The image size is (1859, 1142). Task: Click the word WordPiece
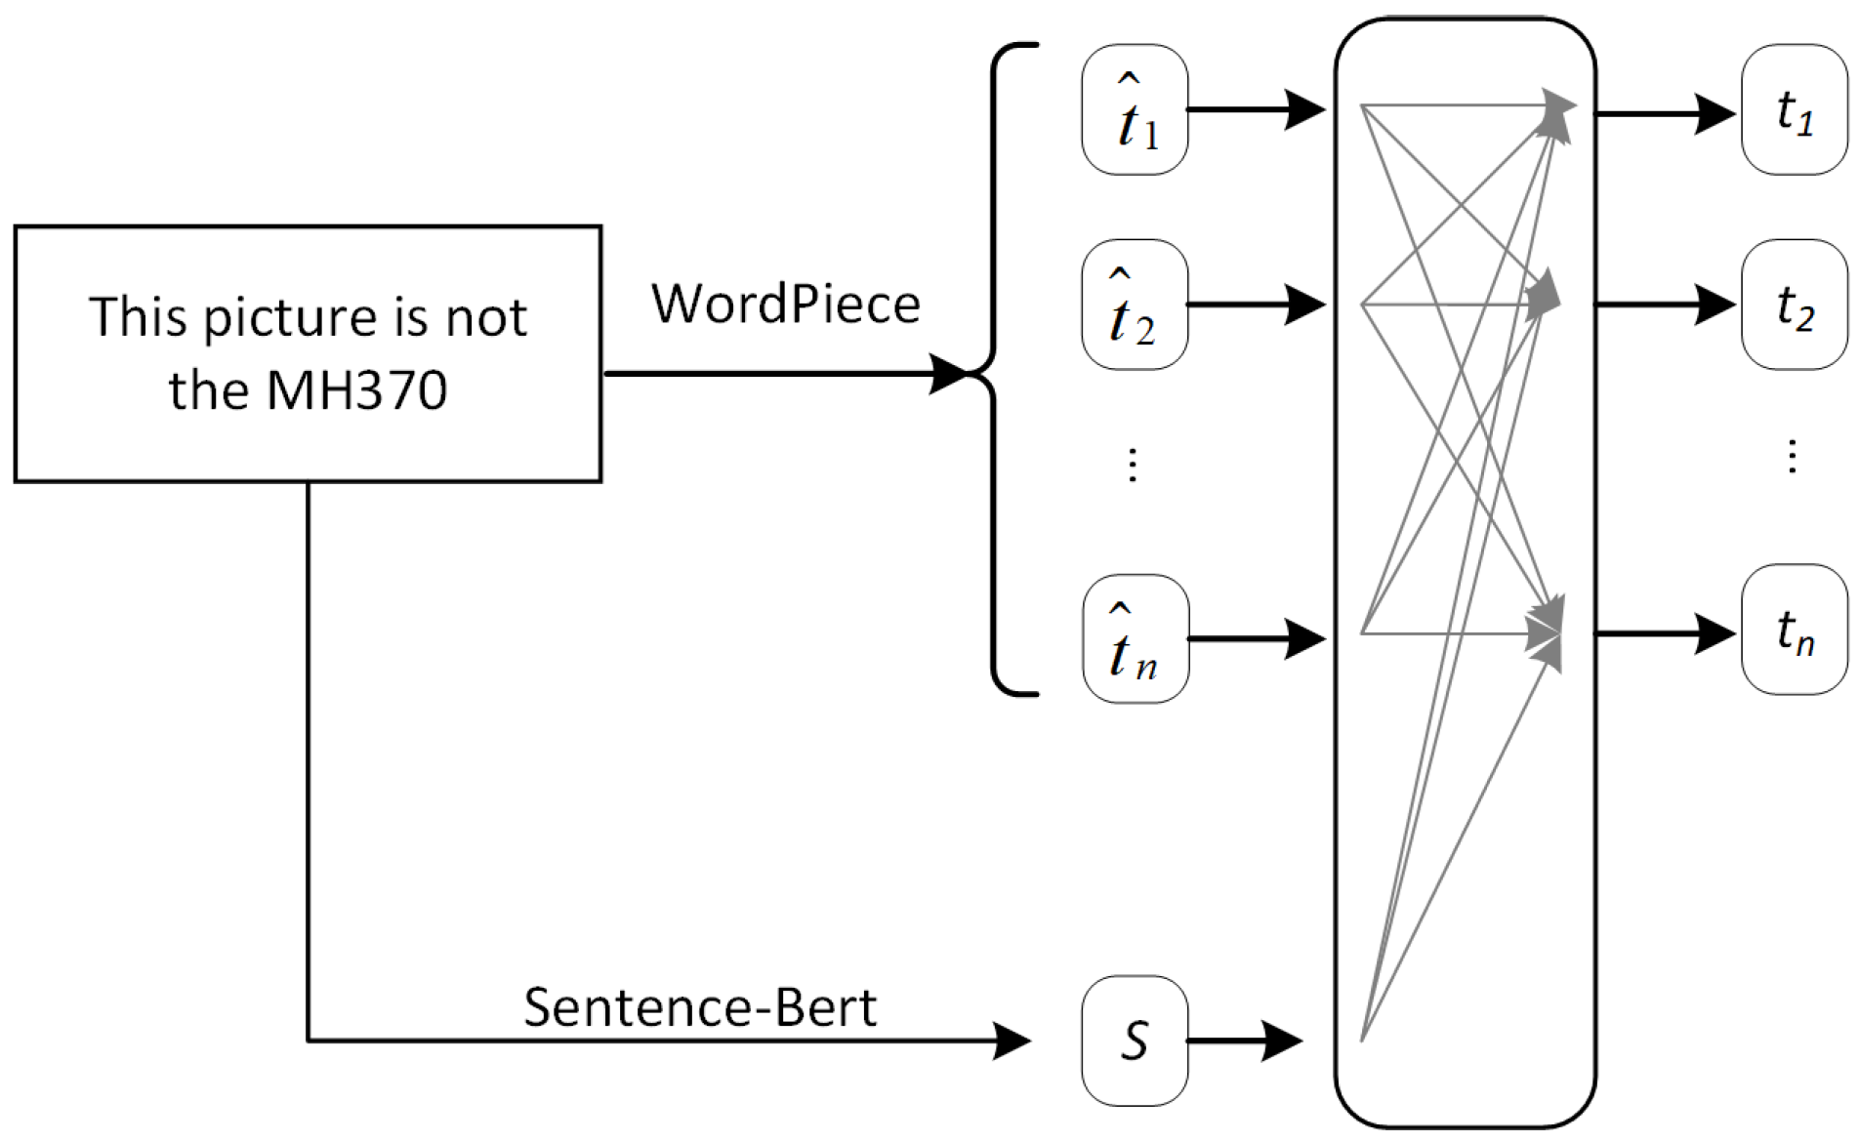[x=786, y=304]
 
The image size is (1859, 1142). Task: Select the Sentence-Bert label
[x=699, y=1007]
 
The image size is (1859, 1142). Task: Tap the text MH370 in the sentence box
[x=356, y=390]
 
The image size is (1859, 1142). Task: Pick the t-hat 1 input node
[x=1135, y=110]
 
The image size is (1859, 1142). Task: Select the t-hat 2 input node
[x=1135, y=306]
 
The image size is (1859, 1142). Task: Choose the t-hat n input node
[x=1135, y=639]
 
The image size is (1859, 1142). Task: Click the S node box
[x=1135, y=1040]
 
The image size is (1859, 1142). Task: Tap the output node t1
[x=1794, y=110]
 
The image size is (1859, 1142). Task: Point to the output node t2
[x=1794, y=306]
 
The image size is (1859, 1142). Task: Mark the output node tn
[x=1794, y=631]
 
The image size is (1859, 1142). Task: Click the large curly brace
[x=996, y=371]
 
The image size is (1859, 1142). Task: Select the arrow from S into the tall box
[x=1245, y=1040]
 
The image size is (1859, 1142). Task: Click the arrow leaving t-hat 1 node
[x=1256, y=110]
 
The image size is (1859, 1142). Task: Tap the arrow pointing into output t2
[x=1665, y=306]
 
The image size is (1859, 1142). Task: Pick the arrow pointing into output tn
[x=1665, y=634]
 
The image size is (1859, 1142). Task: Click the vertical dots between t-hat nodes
[x=1133, y=465]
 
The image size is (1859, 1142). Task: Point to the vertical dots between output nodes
[x=1792, y=457]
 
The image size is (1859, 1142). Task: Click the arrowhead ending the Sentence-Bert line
[x=1012, y=1040]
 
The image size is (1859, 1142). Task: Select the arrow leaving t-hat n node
[x=1256, y=639]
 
